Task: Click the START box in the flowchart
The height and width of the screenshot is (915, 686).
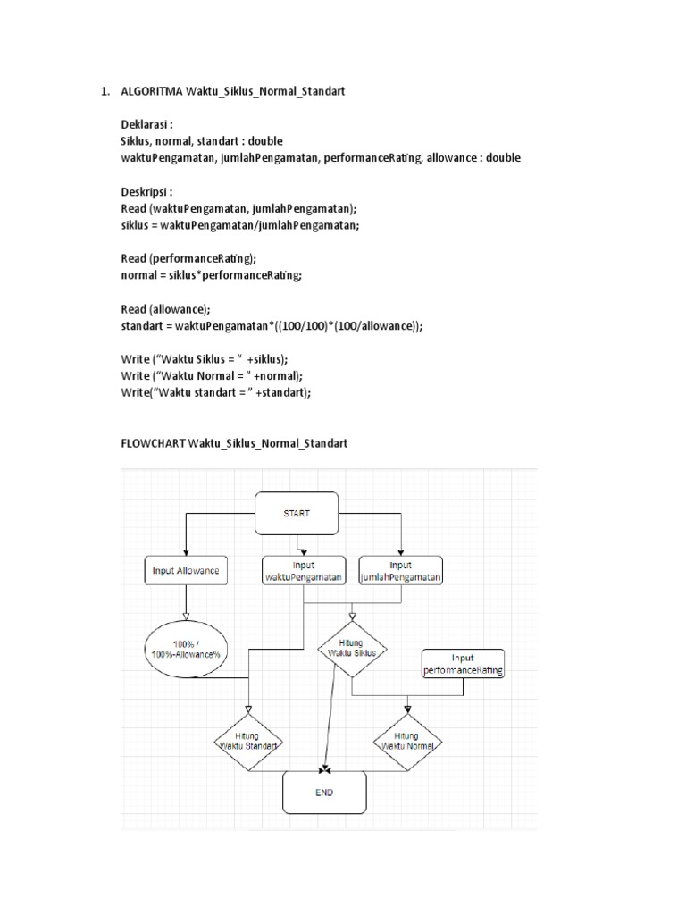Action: point(297,515)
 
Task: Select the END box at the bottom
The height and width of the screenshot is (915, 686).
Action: point(324,792)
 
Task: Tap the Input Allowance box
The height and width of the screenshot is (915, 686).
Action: point(185,569)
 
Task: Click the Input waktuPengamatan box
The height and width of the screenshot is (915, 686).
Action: point(304,570)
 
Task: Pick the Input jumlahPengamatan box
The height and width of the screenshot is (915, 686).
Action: point(401,570)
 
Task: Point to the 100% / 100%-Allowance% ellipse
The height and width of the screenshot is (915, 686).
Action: point(185,649)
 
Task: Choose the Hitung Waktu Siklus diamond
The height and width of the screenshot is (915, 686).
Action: point(352,647)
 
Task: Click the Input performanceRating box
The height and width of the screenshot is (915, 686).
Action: point(463,663)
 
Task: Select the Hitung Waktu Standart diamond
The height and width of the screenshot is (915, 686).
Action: point(249,739)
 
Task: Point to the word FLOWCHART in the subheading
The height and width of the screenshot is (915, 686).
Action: point(154,443)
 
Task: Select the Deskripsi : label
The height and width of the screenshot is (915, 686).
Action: point(146,191)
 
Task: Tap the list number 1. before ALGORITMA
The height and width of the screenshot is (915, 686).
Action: point(105,91)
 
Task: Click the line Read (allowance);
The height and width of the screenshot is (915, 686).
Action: point(166,308)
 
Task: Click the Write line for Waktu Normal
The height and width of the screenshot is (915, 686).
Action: point(213,375)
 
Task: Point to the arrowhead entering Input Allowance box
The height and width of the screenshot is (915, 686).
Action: point(185,553)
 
